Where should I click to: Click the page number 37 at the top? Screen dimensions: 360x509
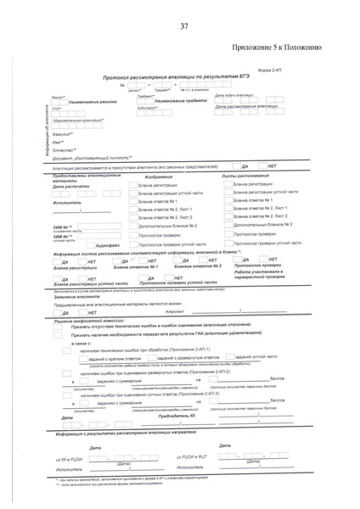click(x=184, y=27)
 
